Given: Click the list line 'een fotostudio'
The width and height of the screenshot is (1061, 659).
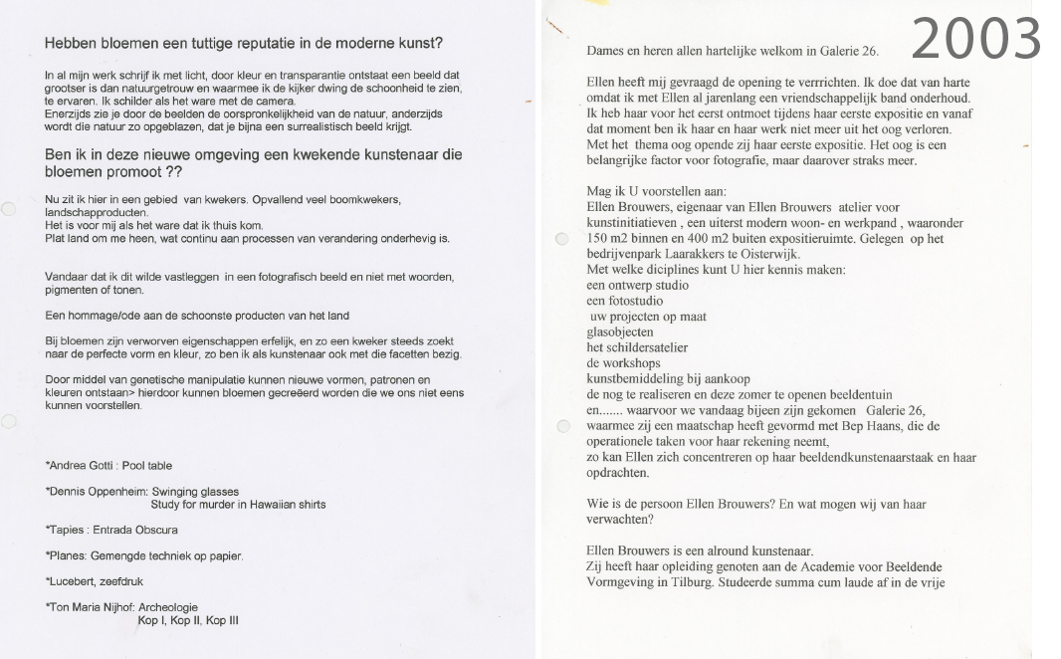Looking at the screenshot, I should point(624,301).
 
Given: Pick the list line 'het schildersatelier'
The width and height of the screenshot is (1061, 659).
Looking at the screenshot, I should point(638,347).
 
